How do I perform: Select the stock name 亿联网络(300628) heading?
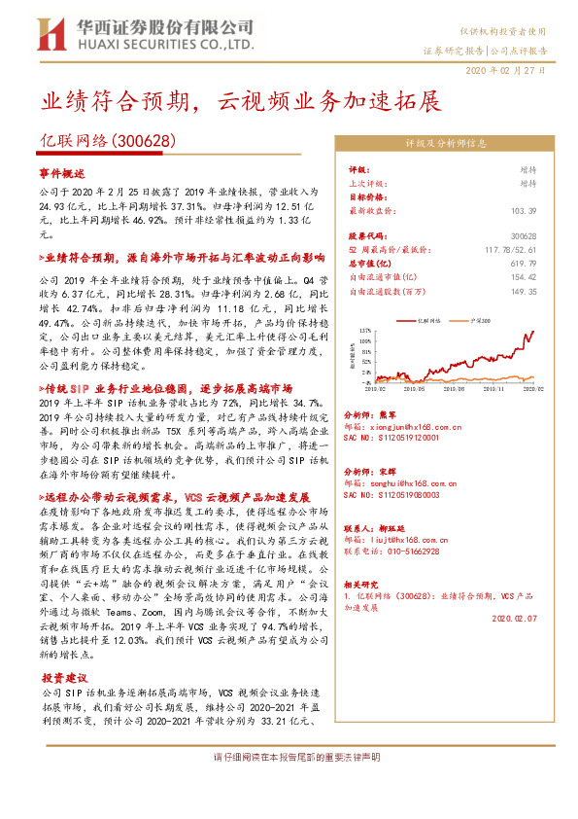106,142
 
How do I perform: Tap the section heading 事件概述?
63,172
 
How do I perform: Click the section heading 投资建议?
63,677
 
